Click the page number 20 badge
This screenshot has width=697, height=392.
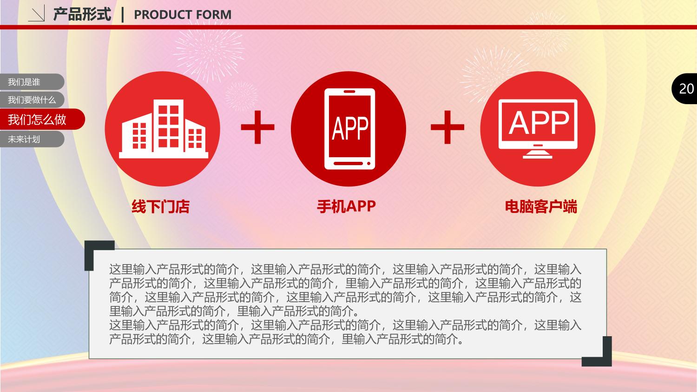(684, 89)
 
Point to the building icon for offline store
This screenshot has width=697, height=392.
(164, 129)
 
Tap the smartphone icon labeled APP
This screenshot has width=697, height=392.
(349, 129)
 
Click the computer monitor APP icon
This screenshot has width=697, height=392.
(538, 129)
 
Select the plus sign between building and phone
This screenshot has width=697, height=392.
(257, 127)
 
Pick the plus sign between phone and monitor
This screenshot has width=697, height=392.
(447, 127)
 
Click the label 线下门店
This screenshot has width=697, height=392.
(161, 206)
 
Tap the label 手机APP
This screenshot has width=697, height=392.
(346, 206)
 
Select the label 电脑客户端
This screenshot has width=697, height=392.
(541, 206)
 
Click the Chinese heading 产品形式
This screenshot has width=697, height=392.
(82, 14)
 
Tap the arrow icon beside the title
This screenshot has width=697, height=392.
(37, 13)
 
